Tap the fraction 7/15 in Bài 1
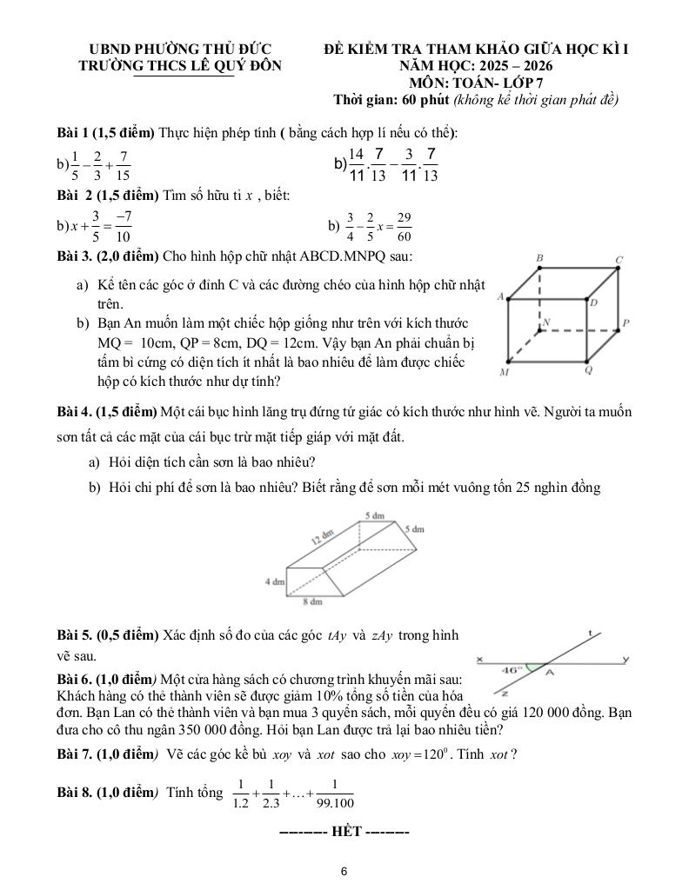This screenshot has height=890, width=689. (x=124, y=164)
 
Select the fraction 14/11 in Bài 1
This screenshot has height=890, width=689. (x=356, y=164)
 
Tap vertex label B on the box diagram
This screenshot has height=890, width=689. (x=539, y=258)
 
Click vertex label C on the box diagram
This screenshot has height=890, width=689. (x=619, y=259)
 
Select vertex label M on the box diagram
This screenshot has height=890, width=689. (x=503, y=372)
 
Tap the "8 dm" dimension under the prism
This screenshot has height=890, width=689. (x=312, y=601)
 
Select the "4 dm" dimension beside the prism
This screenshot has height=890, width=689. (x=275, y=580)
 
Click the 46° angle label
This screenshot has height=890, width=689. (x=513, y=670)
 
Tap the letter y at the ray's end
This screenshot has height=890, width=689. (x=625, y=659)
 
